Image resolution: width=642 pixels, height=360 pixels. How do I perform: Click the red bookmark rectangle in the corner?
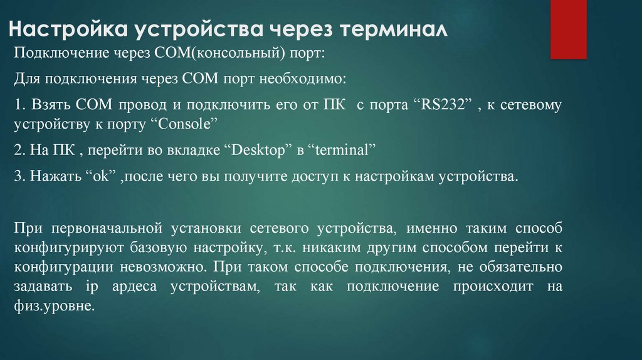click(x=568, y=29)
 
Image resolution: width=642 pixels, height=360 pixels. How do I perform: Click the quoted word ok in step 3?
click(x=102, y=177)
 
